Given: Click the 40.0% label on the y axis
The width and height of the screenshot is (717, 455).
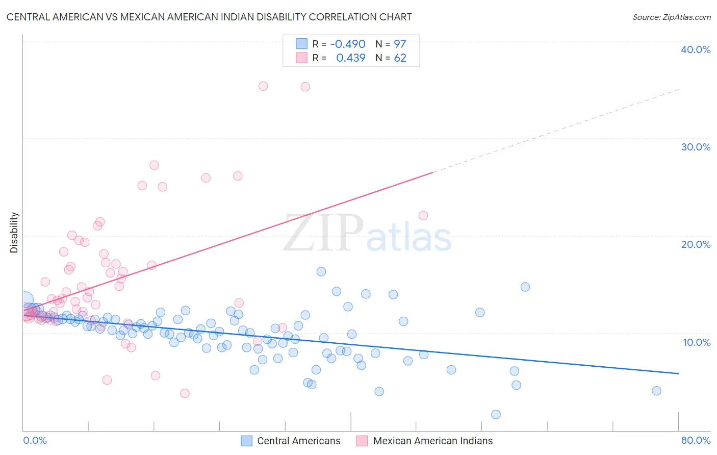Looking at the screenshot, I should [x=696, y=49].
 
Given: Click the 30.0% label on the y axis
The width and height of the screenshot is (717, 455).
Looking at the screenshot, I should [x=696, y=147].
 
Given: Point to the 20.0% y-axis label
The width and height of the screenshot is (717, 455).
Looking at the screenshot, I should [x=696, y=244].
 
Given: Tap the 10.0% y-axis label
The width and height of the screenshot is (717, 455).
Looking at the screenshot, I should [x=697, y=342].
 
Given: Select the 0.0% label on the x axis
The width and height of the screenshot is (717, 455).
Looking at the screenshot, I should [x=35, y=440].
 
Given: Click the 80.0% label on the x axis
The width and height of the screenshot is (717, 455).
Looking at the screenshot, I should [x=696, y=440].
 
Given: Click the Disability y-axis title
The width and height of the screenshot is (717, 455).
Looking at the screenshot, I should [x=14, y=233].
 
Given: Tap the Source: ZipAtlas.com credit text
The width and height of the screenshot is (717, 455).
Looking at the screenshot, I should [x=671, y=17].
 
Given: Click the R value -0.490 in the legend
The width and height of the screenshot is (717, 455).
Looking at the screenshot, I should [x=348, y=44].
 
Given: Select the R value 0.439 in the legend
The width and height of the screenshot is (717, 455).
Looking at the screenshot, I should [x=351, y=58].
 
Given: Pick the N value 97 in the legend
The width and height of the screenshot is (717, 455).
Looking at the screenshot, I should [x=400, y=44].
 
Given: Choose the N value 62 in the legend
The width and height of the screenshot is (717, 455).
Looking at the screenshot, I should [x=400, y=58].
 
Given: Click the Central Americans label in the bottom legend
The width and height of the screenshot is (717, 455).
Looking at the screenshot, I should [x=298, y=441].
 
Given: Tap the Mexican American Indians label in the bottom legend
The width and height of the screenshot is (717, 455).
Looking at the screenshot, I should [x=433, y=441].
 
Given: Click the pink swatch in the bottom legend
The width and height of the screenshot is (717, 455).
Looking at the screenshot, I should [x=362, y=441].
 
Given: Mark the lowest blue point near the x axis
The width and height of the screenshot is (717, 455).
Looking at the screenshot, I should [x=496, y=414].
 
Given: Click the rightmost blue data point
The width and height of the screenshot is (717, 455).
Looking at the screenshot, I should [x=656, y=391].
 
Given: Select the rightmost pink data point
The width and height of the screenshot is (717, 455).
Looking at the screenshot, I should [x=423, y=215].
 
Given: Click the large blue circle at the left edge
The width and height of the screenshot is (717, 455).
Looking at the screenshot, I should [x=25, y=300].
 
